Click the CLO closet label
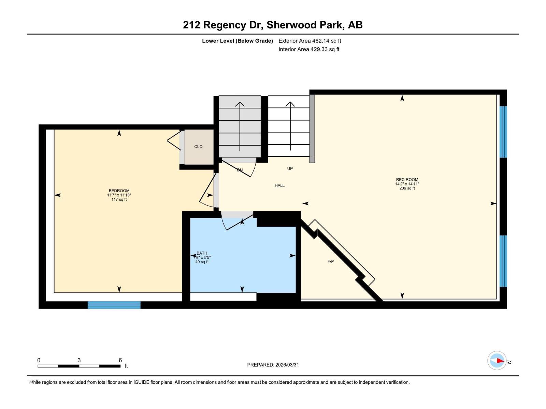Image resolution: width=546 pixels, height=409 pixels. point(198,147)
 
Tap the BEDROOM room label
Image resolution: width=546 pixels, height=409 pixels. point(119,191)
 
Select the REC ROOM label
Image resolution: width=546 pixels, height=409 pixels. point(407,180)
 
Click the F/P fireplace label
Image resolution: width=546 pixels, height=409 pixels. point(330,261)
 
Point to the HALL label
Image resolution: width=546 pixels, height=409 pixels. point(279,185)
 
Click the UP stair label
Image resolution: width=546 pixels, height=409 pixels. point(290,168)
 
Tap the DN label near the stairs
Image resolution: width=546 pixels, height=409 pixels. point(240,170)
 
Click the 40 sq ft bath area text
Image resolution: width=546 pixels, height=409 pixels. point(202,262)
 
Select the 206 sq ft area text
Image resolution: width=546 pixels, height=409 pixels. point(407,188)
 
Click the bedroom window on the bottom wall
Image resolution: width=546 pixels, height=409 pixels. point(114,305)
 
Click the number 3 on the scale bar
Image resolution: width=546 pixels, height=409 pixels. point(79,360)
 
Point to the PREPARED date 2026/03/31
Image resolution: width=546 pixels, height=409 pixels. point(273,365)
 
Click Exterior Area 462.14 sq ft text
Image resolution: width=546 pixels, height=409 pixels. point(310,41)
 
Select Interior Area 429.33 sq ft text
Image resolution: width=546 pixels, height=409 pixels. point(309,49)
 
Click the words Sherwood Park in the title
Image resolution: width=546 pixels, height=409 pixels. point(305,25)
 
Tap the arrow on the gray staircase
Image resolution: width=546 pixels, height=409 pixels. point(240,126)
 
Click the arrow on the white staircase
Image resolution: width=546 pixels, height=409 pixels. point(290,126)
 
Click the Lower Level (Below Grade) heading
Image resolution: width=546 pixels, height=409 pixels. point(237,41)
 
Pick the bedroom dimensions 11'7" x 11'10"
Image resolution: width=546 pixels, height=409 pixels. point(119,195)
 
